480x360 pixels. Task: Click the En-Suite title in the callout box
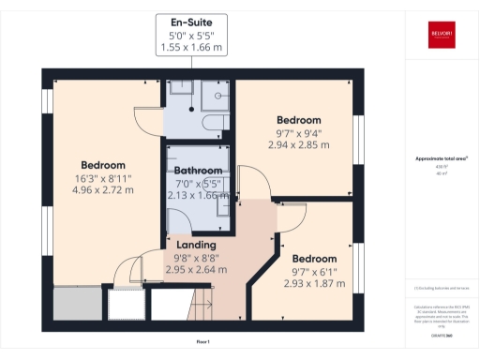coord(196,22)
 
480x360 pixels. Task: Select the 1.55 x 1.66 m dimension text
coord(196,46)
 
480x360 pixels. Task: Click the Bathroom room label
coord(197,171)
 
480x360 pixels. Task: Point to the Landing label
coord(196,245)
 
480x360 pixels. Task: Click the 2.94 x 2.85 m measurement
coord(298,145)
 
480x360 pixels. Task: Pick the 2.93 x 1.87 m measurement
coord(314,283)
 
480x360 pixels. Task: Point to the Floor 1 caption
coord(203,342)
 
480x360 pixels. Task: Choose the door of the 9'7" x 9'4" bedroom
coord(251,184)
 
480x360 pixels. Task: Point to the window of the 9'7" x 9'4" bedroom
coord(357,131)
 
